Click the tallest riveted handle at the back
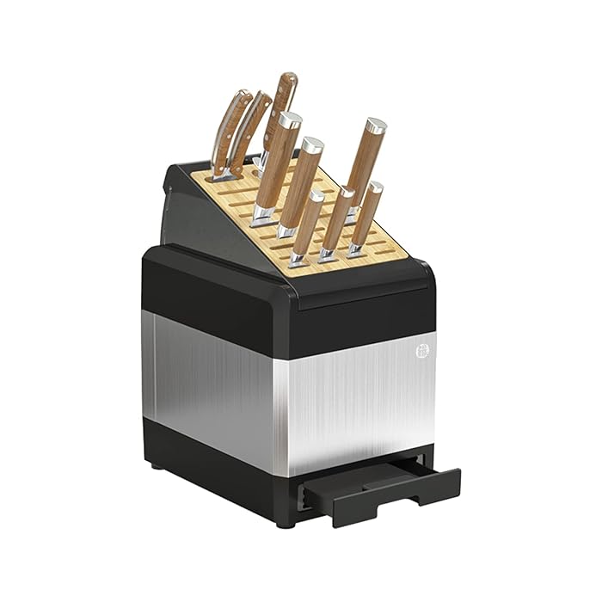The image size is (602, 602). click(x=279, y=107)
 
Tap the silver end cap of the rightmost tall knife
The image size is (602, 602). click(x=375, y=126)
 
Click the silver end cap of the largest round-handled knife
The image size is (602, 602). click(x=290, y=120)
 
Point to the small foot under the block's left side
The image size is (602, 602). click(x=157, y=467)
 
